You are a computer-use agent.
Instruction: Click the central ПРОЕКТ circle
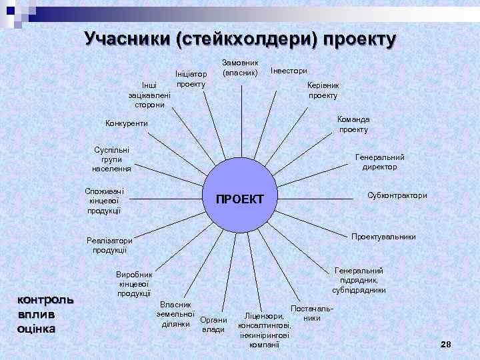click(240, 199)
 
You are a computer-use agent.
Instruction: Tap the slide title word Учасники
click(126, 39)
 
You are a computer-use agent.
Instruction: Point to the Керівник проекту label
click(323, 91)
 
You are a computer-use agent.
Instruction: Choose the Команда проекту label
click(353, 124)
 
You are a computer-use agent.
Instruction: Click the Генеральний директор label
click(379, 162)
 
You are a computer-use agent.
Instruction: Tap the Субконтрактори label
click(397, 195)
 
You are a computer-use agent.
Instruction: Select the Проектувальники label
click(383, 237)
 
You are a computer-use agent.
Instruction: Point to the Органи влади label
click(213, 324)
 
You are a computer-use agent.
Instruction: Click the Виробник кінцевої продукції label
click(134, 284)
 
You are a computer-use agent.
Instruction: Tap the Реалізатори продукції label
click(105, 245)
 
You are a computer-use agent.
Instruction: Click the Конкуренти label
click(127, 123)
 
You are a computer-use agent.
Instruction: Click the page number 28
click(446, 343)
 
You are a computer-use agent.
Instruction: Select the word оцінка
click(37, 328)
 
